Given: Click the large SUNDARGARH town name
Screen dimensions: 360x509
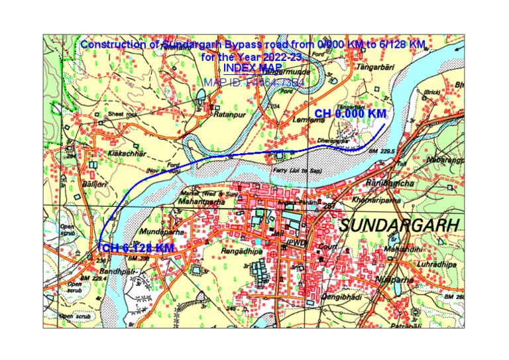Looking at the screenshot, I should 398,225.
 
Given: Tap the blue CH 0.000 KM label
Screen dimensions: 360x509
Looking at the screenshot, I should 350,114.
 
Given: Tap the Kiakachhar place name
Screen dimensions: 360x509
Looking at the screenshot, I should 124,153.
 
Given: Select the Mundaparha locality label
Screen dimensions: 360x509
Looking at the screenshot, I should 162,233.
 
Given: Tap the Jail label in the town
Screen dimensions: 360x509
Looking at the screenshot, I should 278,234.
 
